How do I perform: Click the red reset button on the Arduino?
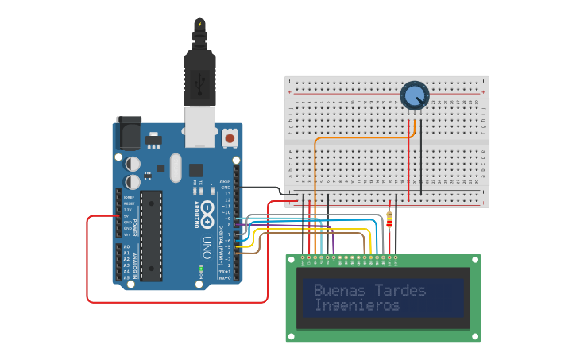[230, 138]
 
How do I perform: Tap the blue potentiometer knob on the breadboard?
[414, 96]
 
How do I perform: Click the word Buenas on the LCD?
[337, 291]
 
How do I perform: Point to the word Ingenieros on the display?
[357, 305]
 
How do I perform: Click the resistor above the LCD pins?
[389, 219]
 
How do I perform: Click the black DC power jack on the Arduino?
[128, 134]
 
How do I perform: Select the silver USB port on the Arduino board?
[199, 127]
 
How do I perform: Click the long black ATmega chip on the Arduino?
[152, 235]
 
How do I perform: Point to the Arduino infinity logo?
[207, 211]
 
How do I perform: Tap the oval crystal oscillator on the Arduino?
[176, 167]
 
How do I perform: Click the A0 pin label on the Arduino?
[126, 247]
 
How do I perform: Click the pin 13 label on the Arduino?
[226, 194]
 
